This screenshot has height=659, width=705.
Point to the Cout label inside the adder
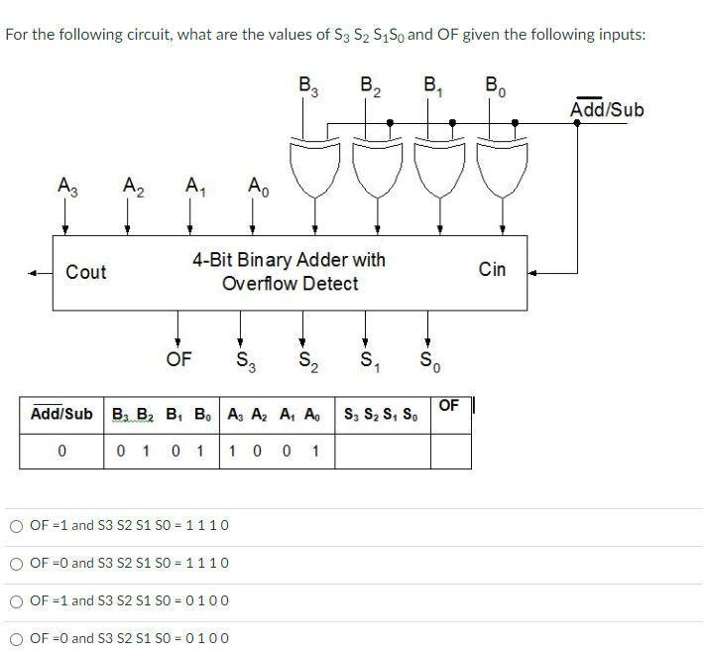86,272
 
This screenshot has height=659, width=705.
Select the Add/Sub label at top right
607,109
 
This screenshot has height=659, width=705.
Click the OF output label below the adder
179,358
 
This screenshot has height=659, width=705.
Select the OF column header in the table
449,406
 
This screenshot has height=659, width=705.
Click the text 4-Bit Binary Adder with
289,260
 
